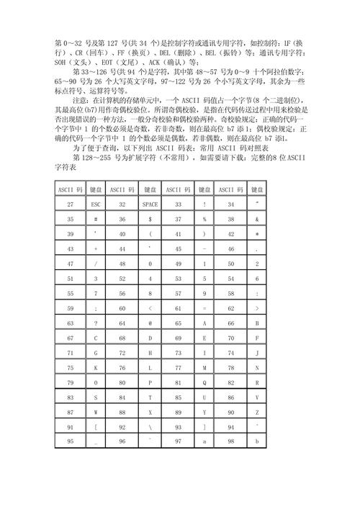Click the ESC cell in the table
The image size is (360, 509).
(95, 204)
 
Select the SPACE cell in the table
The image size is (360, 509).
(150, 204)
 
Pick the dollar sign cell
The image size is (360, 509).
(150, 219)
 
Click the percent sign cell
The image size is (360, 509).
(205, 219)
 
